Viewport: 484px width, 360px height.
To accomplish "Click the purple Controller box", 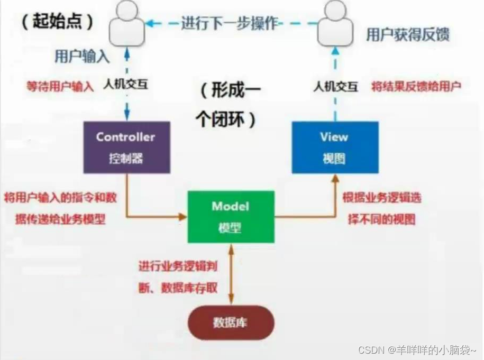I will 126,147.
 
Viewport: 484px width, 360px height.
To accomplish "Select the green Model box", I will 231,217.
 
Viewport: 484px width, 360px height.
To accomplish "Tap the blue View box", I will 335,147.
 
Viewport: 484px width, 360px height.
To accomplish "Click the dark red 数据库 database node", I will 231,322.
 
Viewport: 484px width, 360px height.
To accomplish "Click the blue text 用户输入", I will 82,57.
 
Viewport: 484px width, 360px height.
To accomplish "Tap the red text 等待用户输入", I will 60,86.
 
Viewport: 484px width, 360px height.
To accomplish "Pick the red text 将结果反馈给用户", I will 416,86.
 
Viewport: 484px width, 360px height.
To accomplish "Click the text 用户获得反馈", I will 407,35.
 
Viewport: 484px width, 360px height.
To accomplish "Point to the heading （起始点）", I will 58,22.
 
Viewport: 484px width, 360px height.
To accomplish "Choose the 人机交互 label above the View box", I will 335,86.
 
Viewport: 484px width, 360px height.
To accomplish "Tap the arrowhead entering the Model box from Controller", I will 183,216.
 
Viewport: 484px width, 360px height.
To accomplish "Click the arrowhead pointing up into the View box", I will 335,179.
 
